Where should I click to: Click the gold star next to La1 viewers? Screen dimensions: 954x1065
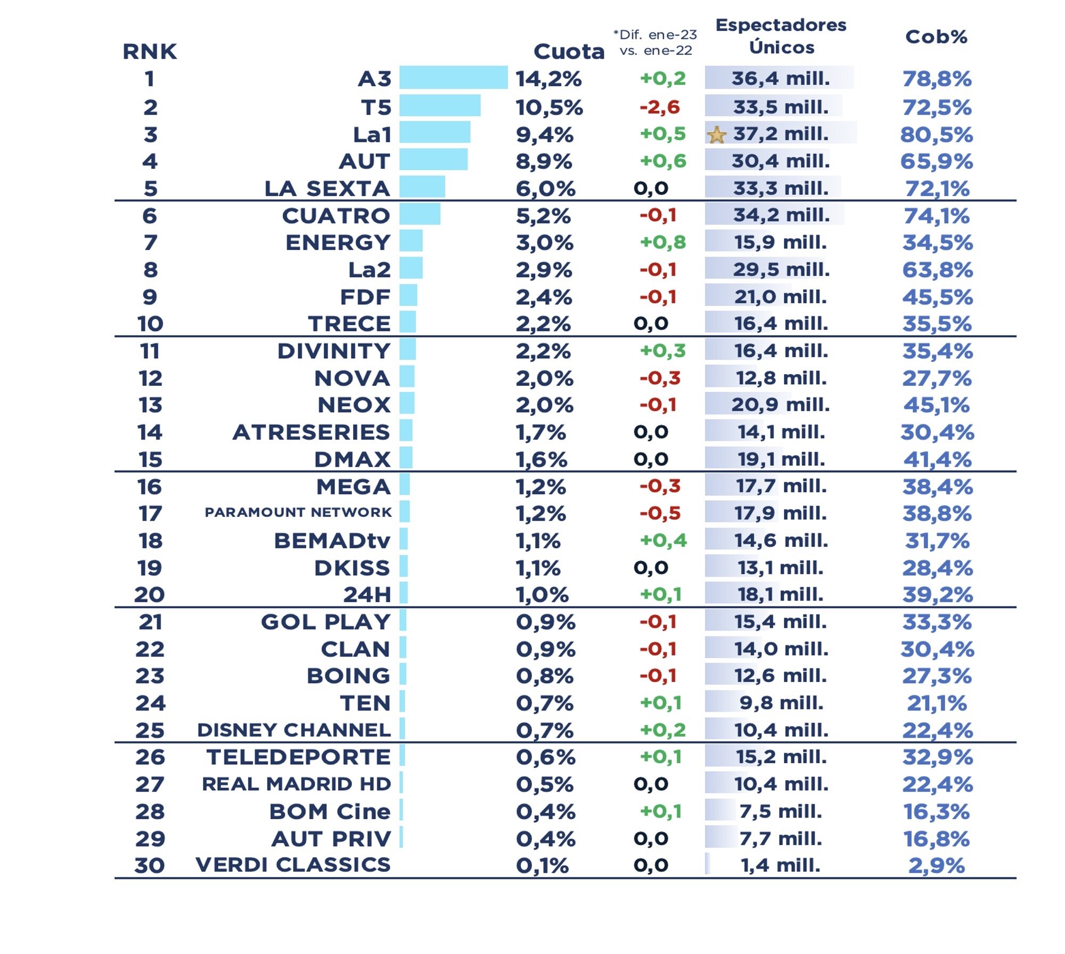click(717, 135)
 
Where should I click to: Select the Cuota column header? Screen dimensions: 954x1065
click(569, 52)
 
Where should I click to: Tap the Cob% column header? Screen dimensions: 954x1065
click(936, 37)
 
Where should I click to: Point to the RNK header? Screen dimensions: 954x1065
click(150, 52)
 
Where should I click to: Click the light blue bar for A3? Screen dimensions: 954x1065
click(453, 78)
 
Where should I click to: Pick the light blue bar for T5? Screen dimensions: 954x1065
click(440, 106)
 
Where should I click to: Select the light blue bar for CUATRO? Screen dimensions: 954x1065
click(420, 214)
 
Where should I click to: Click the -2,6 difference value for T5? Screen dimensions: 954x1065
click(660, 107)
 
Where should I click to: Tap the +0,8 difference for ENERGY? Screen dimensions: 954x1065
click(662, 242)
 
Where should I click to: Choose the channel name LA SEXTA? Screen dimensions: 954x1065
click(327, 189)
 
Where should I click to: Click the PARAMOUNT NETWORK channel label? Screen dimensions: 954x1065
click(298, 513)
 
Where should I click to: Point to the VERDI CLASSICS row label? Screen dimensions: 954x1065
click(293, 864)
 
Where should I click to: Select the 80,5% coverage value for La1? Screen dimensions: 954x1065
click(936, 135)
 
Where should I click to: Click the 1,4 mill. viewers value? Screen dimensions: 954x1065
click(781, 865)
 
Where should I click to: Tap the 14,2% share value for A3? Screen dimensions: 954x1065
click(548, 79)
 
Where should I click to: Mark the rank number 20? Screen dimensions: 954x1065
click(150, 595)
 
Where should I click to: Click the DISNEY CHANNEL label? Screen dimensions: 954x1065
click(294, 730)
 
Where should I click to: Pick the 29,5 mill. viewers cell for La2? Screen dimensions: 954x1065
click(781, 270)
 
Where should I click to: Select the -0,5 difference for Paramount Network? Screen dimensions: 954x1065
click(660, 513)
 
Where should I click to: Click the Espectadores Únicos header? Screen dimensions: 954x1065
click(781, 36)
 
